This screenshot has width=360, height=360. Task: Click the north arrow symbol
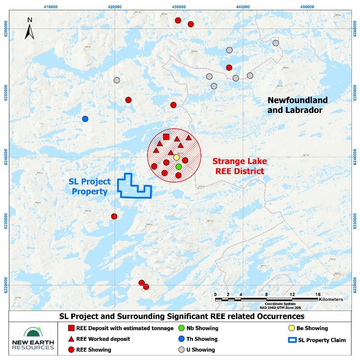click(x=29, y=28)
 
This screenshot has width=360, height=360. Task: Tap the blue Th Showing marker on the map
click(x=85, y=118)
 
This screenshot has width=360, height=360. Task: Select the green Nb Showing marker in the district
click(x=179, y=167)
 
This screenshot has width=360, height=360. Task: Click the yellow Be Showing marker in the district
click(x=176, y=157)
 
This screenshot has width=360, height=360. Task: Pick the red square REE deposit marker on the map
click(x=166, y=137)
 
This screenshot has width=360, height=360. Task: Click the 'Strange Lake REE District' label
click(x=239, y=166)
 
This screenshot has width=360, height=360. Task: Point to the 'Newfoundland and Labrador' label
click(x=297, y=105)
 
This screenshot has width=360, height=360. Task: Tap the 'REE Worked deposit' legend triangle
click(x=72, y=339)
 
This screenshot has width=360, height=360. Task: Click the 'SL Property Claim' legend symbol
click(x=292, y=340)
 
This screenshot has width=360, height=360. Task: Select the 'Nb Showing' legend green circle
click(x=181, y=328)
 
